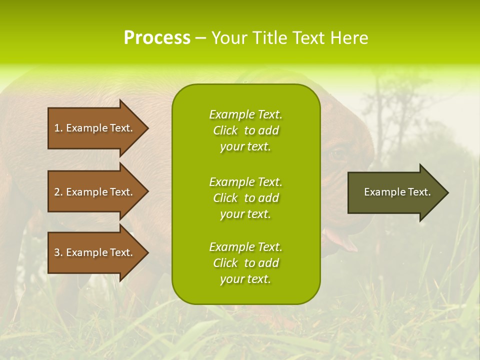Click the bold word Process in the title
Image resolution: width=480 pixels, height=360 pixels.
157,38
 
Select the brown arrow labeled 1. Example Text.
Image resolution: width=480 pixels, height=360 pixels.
95,128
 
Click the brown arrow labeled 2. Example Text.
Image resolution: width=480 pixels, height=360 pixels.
95,192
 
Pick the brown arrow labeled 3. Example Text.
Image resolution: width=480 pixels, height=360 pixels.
95,252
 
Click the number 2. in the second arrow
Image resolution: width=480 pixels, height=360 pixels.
58,192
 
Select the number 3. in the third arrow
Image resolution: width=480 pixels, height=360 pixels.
58,252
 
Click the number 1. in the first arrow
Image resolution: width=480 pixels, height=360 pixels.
58,128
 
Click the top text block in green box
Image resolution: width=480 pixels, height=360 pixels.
246,130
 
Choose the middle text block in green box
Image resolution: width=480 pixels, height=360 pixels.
246,198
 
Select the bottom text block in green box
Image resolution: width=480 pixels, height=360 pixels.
246,263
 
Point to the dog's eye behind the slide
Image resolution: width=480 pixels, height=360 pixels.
339,153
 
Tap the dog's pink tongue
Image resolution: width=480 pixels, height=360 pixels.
345,242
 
